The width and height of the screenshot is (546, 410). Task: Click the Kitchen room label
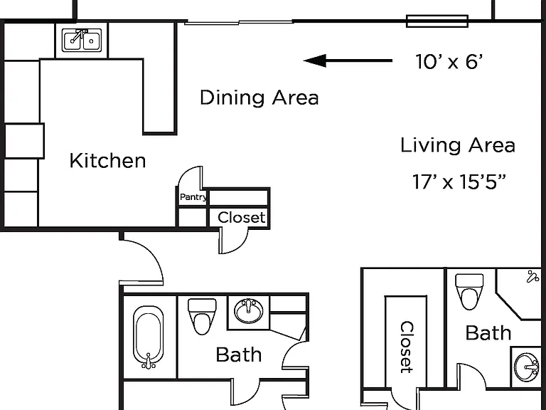[x=107, y=160]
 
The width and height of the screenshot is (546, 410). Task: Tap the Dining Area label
[x=259, y=98]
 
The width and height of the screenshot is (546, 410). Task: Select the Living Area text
[x=458, y=145]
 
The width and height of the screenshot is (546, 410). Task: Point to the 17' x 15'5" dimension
[x=459, y=182]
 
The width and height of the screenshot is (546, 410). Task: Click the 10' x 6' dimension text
[x=449, y=61]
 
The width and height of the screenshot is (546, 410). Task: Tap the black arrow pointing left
[x=348, y=61]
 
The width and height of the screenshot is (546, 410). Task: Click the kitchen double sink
[x=82, y=41]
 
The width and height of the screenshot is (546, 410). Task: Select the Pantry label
[x=193, y=197]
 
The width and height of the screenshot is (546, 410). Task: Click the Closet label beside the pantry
[x=241, y=218]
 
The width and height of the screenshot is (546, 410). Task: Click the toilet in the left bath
[x=202, y=316]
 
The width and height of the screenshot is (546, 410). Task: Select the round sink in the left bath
[x=249, y=310]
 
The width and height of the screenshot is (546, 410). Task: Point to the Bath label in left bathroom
[x=239, y=355]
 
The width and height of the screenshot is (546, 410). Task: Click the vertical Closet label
[x=407, y=347]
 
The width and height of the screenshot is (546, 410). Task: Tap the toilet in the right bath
[x=469, y=291]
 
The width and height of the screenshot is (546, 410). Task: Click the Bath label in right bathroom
[x=488, y=333]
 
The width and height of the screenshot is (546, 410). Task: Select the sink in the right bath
[x=527, y=367]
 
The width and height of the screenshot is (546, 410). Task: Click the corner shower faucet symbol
[x=533, y=276]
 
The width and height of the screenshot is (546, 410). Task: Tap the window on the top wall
[x=437, y=21]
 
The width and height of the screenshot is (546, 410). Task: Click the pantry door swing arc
[x=186, y=174]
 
